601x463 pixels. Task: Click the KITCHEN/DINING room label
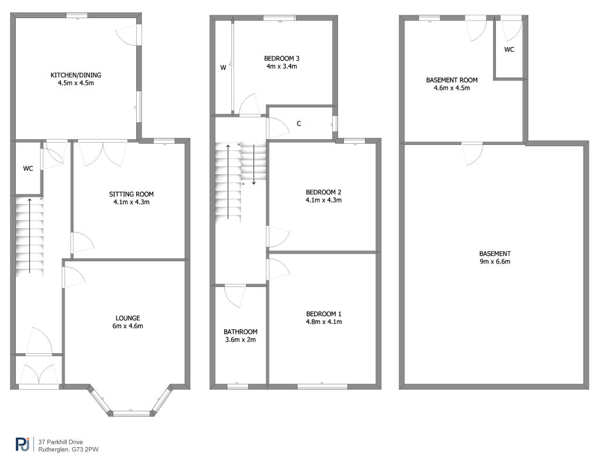(x=76, y=75)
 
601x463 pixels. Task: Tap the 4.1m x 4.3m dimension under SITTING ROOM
(x=131, y=202)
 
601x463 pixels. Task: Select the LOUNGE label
(x=127, y=318)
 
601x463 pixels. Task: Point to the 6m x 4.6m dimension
(x=127, y=326)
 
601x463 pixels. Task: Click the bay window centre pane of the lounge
(x=131, y=413)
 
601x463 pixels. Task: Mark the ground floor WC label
(x=28, y=168)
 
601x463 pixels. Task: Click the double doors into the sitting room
(x=103, y=153)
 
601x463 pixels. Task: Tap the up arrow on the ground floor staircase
(x=29, y=236)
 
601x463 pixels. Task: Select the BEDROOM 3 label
(x=282, y=59)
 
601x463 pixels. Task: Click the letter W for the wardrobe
(x=223, y=68)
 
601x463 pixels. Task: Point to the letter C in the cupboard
(x=299, y=123)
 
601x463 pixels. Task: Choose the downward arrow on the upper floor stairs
(x=254, y=164)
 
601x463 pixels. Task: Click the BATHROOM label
(x=240, y=332)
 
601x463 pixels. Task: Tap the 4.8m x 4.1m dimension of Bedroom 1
(x=324, y=322)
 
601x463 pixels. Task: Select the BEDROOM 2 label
(x=323, y=192)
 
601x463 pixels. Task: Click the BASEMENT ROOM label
(x=452, y=80)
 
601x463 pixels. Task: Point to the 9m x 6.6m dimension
(x=495, y=262)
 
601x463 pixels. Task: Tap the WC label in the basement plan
(x=509, y=49)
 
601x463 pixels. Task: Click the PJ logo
(x=23, y=445)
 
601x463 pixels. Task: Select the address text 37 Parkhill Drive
(x=60, y=442)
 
